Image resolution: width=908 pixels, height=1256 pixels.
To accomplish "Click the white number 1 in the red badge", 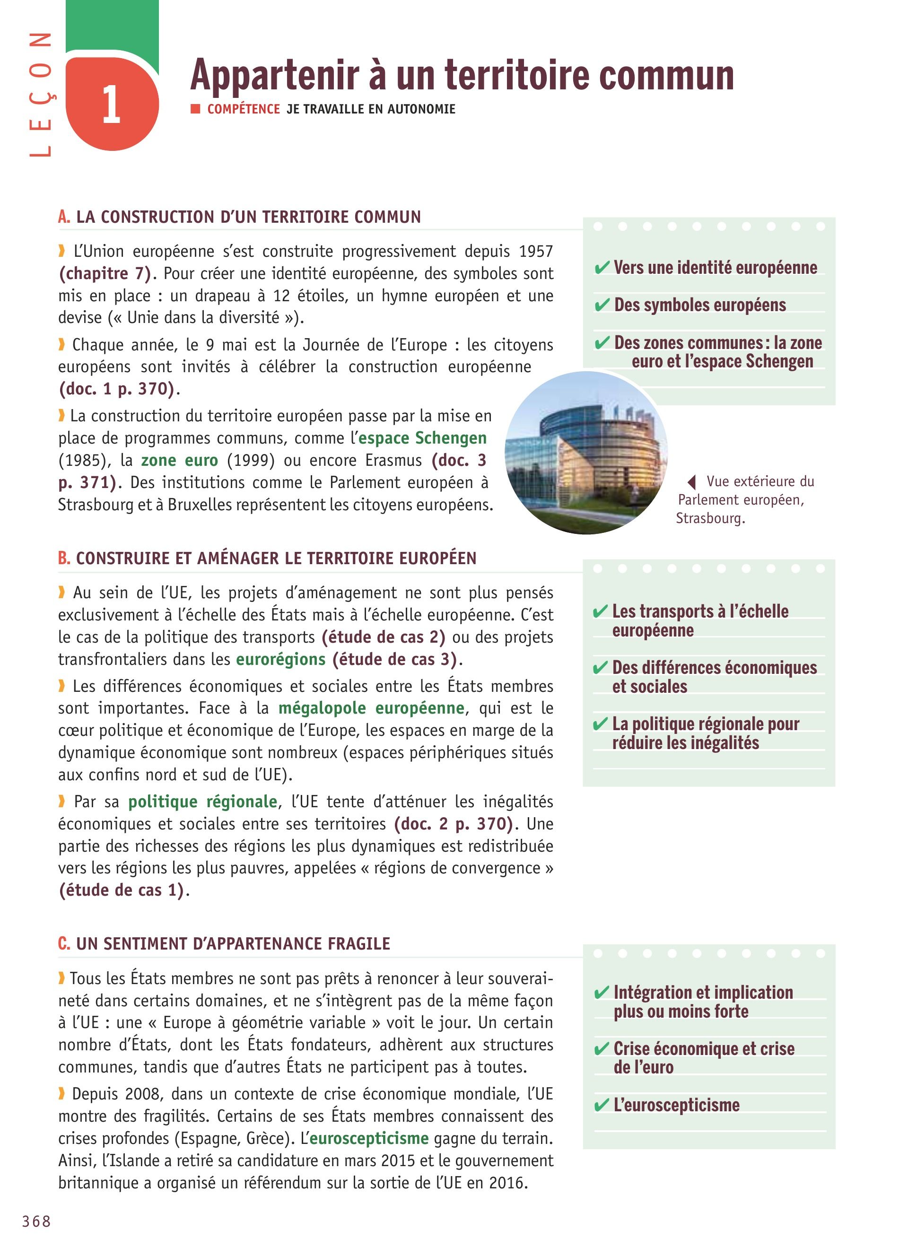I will tap(111, 105).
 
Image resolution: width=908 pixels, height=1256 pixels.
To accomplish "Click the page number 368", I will tap(36, 1221).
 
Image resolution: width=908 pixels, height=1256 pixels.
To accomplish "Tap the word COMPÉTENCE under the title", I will tap(244, 109).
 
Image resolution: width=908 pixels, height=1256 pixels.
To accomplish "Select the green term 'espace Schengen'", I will tap(422, 438).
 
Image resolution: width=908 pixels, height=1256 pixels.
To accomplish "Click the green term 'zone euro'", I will tap(179, 460).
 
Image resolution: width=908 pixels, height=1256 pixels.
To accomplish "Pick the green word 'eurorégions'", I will tap(281, 659).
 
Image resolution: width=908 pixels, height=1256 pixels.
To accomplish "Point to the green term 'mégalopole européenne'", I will tap(371, 708).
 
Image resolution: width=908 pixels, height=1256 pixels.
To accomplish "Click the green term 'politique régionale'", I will tap(202, 802).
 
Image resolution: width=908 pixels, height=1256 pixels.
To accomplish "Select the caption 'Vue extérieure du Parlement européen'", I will tap(745, 499).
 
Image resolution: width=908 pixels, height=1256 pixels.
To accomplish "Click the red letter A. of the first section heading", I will tap(64, 217).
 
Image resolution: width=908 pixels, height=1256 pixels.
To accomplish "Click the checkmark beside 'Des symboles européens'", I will tap(602, 305).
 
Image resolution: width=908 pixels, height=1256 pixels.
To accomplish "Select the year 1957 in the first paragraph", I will tap(535, 252).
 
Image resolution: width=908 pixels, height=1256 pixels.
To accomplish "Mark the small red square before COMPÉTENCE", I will tap(195, 109).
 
